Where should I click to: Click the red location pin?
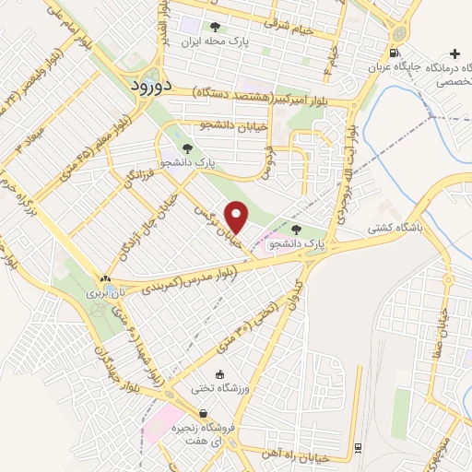coord(237,217)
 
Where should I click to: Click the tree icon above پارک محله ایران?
coord(216,27)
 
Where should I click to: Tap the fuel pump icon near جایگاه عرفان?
coord(395,53)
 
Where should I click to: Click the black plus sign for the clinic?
coord(453,54)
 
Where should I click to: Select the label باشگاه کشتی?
coord(395,225)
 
